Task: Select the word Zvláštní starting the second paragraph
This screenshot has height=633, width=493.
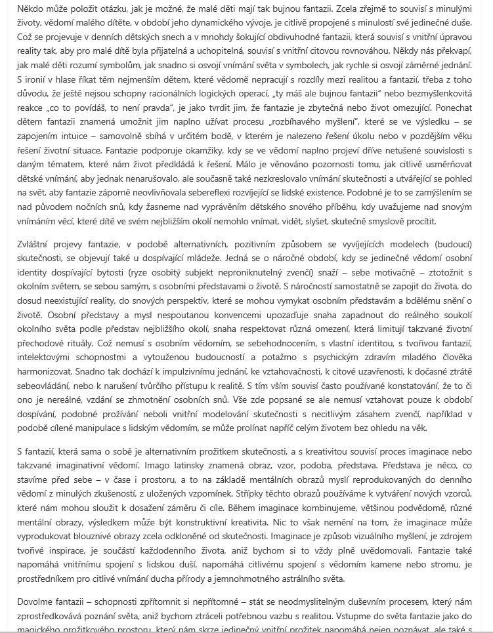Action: (35, 244)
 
